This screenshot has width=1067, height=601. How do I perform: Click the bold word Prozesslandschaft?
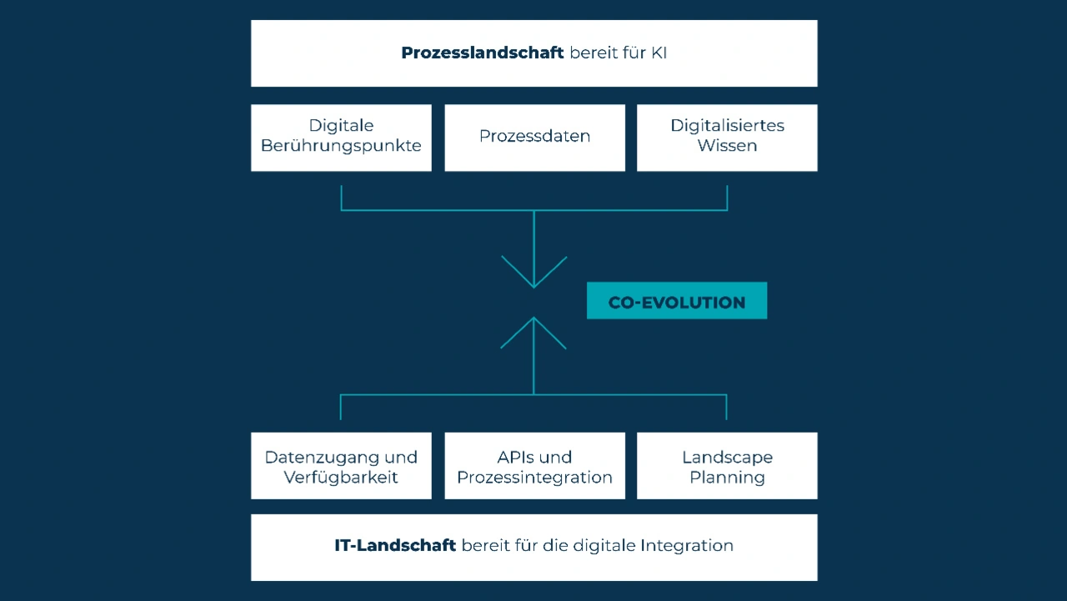tap(482, 53)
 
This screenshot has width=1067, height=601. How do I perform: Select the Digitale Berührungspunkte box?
tap(341, 137)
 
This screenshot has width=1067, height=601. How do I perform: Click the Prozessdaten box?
tap(534, 137)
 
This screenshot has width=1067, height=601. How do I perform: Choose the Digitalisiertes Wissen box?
tap(727, 137)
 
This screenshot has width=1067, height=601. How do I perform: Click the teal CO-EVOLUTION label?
tap(676, 302)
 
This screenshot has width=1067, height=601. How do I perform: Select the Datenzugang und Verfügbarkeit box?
tap(341, 466)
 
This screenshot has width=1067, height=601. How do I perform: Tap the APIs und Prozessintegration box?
tap(534, 466)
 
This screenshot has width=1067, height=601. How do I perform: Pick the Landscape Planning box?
tap(727, 466)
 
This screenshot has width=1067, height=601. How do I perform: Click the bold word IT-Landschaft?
tap(395, 546)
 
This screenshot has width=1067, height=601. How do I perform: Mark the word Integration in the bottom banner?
tap(687, 546)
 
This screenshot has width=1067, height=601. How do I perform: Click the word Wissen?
tap(727, 146)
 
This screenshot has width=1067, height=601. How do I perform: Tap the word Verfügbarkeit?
tap(341, 478)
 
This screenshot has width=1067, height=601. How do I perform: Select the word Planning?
tap(727, 478)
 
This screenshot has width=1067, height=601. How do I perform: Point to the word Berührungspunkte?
tap(341, 146)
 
